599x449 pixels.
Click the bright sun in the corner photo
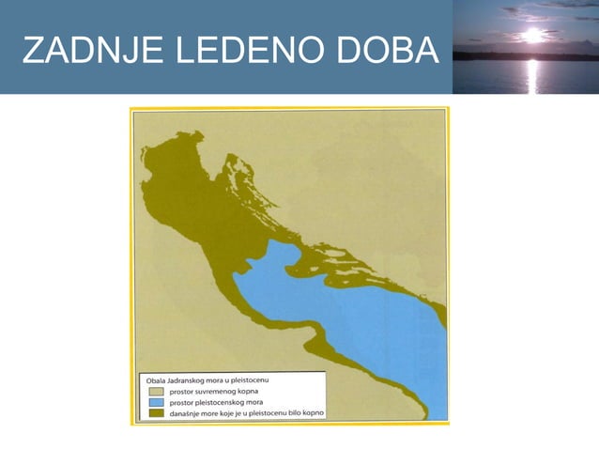tap(532, 36)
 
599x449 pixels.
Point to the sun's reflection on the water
tap(532, 75)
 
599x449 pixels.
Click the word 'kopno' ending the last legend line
tap(314, 412)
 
